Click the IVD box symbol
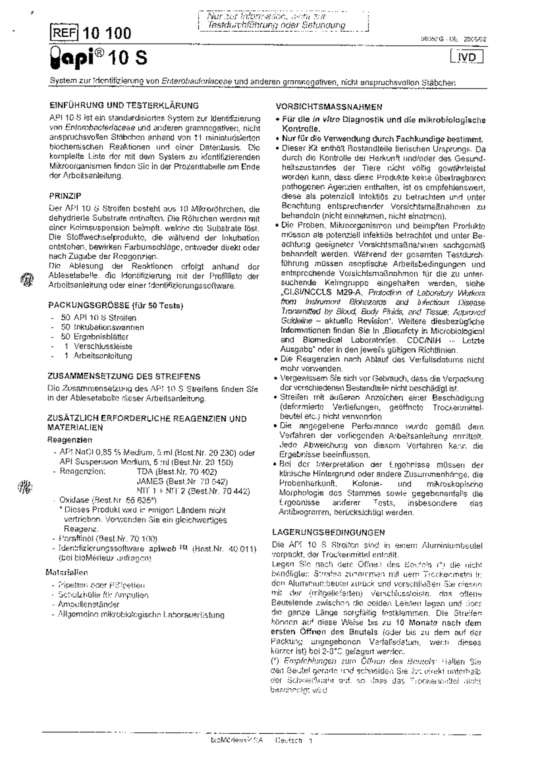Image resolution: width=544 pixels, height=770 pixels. [x=467, y=58]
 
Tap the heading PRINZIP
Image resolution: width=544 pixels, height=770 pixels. [x=65, y=196]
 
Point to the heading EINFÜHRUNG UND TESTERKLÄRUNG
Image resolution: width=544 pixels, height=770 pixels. [x=124, y=106]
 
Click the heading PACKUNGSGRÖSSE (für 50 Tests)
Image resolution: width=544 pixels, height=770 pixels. [x=116, y=306]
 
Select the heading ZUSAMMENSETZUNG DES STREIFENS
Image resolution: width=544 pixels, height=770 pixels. [x=124, y=376]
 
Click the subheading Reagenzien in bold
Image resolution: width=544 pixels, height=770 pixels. [x=70, y=439]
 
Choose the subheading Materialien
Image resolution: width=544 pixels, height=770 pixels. [x=67, y=573]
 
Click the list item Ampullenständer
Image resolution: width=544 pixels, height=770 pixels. [x=88, y=604]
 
